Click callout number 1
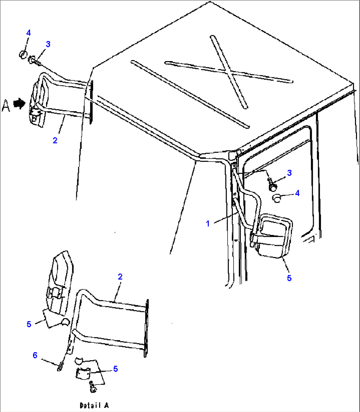point(208,224)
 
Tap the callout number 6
point(35,355)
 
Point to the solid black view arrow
point(20,104)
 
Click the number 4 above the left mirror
point(28,33)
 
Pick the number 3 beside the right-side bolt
point(289,173)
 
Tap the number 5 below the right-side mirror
point(289,278)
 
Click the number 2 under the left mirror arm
point(55,140)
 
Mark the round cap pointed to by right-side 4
point(277,198)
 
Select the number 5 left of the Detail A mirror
point(29,324)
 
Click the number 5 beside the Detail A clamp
point(115,369)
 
